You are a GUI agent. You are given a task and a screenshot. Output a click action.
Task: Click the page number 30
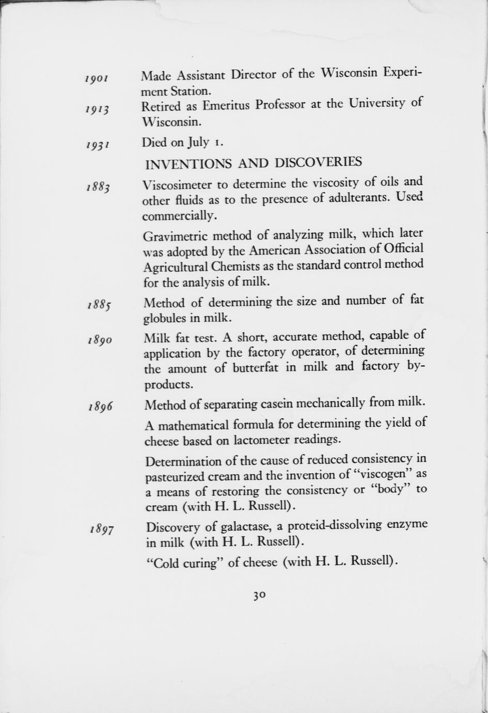pyautogui.click(x=259, y=595)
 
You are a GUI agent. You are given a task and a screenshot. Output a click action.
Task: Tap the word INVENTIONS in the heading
pyautogui.click(x=188, y=164)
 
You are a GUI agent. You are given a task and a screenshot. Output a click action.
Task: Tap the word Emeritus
pyautogui.click(x=226, y=106)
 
